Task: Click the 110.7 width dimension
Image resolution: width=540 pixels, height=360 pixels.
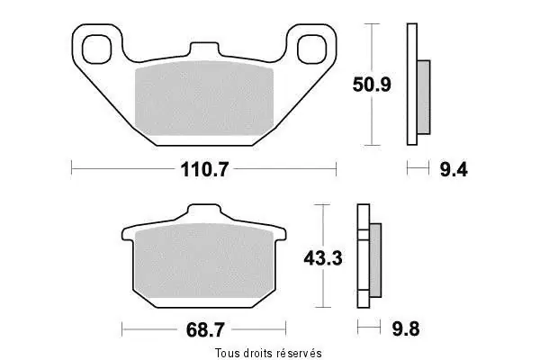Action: pyautogui.click(x=204, y=169)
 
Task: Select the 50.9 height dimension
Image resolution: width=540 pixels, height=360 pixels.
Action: pyautogui.click(x=372, y=85)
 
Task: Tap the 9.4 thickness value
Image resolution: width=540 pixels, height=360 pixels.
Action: pyautogui.click(x=454, y=169)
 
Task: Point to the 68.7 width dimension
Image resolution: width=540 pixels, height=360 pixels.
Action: pyautogui.click(x=205, y=330)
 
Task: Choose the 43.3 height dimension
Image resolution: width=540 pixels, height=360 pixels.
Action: pyautogui.click(x=323, y=258)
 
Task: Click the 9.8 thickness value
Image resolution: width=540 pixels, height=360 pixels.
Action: pyautogui.click(x=406, y=329)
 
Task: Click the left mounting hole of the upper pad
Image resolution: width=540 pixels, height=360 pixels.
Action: pyautogui.click(x=97, y=49)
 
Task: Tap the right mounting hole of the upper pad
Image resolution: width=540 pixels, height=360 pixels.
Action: pyautogui.click(x=311, y=49)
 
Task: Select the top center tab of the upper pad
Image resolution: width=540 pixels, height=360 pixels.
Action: pyautogui.click(x=204, y=49)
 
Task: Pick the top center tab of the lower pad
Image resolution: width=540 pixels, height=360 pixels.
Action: pyautogui.click(x=204, y=210)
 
